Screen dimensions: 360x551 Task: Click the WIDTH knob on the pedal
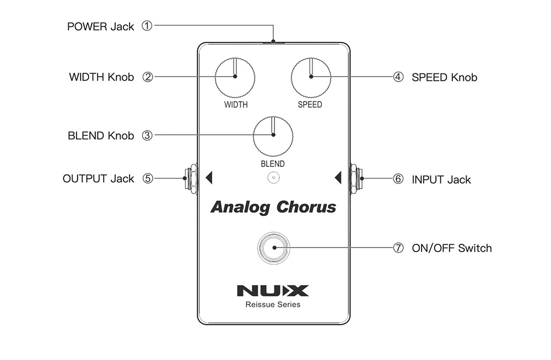pyautogui.click(x=235, y=77)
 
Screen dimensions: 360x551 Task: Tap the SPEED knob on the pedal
pyautogui.click(x=310, y=77)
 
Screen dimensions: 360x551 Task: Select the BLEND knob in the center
pyautogui.click(x=273, y=136)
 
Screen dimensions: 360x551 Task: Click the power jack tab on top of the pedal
pyautogui.click(x=273, y=41)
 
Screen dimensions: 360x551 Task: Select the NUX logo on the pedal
pyautogui.click(x=273, y=291)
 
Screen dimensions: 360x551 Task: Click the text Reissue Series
pyautogui.click(x=273, y=304)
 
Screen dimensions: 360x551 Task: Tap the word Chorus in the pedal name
pyautogui.click(x=306, y=207)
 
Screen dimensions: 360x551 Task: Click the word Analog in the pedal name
pyautogui.click(x=240, y=208)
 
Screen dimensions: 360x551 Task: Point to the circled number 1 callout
pyautogui.click(x=147, y=25)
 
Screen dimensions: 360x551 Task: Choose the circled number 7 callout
pyautogui.click(x=398, y=248)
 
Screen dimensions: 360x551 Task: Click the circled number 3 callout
pyautogui.click(x=147, y=135)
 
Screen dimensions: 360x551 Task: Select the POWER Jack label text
pyautogui.click(x=100, y=26)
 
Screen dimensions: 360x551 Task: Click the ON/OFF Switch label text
pyautogui.click(x=451, y=248)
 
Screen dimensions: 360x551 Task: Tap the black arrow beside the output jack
pyautogui.click(x=208, y=178)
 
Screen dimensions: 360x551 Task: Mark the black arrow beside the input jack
pyautogui.click(x=338, y=178)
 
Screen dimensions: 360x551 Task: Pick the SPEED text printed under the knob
pyautogui.click(x=310, y=105)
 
